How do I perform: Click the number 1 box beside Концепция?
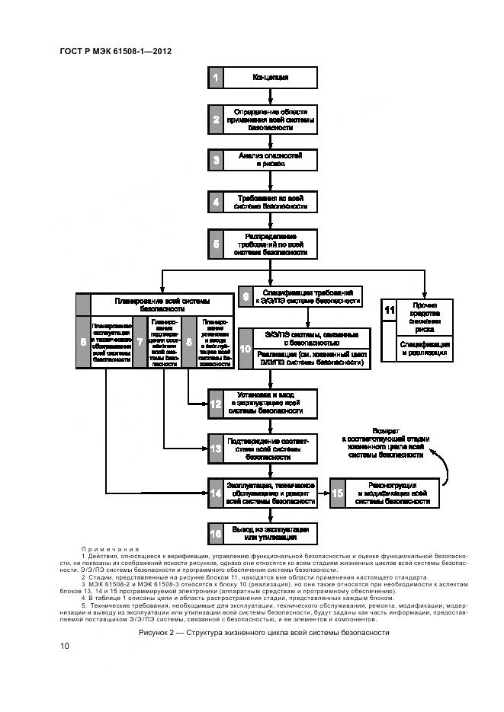[216, 78]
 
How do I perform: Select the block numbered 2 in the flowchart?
[216, 119]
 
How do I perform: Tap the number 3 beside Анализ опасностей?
[216, 159]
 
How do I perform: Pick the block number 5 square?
[216, 244]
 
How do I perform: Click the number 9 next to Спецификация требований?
[245, 297]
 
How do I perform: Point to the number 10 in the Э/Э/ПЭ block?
[245, 348]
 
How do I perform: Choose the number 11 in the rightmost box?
[389, 309]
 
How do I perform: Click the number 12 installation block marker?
[216, 402]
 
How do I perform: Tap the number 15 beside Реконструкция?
[337, 493]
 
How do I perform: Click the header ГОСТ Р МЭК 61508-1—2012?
[114, 52]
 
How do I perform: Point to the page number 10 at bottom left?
[65, 647]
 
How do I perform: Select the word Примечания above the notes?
[111, 549]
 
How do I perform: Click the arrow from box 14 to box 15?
[323, 493]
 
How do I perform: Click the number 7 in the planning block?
[140, 342]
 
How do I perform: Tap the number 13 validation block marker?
[216, 449]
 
